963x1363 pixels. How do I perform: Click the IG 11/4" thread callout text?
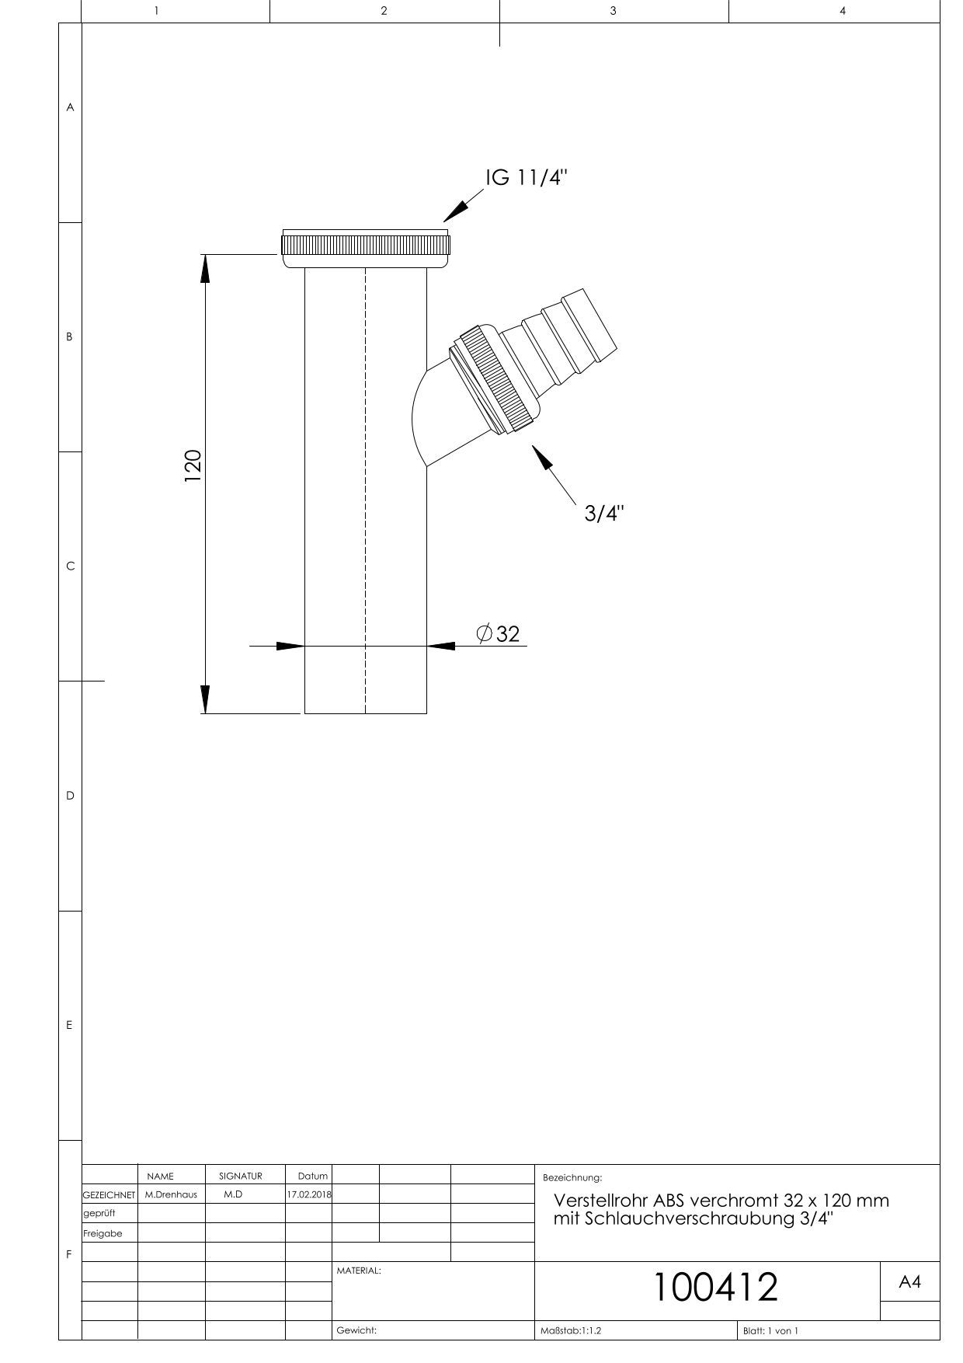tap(527, 178)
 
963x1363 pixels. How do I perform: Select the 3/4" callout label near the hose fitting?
tap(604, 514)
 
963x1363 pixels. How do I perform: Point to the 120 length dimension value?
tap(193, 465)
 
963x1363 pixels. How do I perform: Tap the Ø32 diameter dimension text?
tap(499, 634)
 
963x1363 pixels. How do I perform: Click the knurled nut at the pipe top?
tap(365, 246)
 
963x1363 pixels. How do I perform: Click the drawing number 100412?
tap(714, 1287)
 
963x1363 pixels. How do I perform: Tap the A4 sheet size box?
tap(909, 1283)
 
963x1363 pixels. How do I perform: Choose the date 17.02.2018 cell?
tap(308, 1195)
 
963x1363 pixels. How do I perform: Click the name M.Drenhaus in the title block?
tap(171, 1195)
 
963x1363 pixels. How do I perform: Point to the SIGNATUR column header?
tap(241, 1177)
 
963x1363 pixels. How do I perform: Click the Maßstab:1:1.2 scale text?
tap(571, 1331)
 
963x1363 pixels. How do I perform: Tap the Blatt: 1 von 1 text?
tap(770, 1331)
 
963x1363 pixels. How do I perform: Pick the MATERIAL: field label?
tap(358, 1271)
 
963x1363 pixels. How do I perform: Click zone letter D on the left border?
tap(70, 796)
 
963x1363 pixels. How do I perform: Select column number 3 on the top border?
tap(613, 11)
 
